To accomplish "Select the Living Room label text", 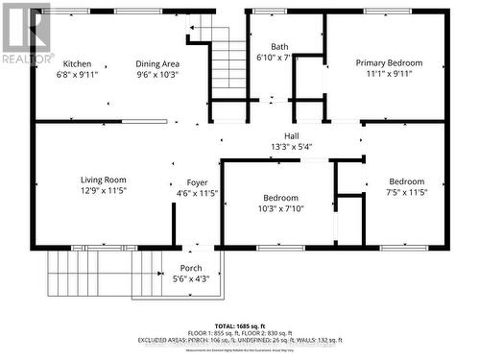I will click(103, 180).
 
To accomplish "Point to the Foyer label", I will click(183, 181).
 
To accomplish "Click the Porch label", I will click(191, 268).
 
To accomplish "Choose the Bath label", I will click(279, 46).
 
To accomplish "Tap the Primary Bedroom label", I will click(389, 63).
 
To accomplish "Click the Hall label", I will click(292, 135).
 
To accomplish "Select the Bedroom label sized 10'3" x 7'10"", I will click(280, 198).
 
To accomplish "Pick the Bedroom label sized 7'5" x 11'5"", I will click(406, 181).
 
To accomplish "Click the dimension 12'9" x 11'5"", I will click(103, 192).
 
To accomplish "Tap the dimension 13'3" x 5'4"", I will click(292, 147).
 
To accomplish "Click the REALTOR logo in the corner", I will click(26, 34).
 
